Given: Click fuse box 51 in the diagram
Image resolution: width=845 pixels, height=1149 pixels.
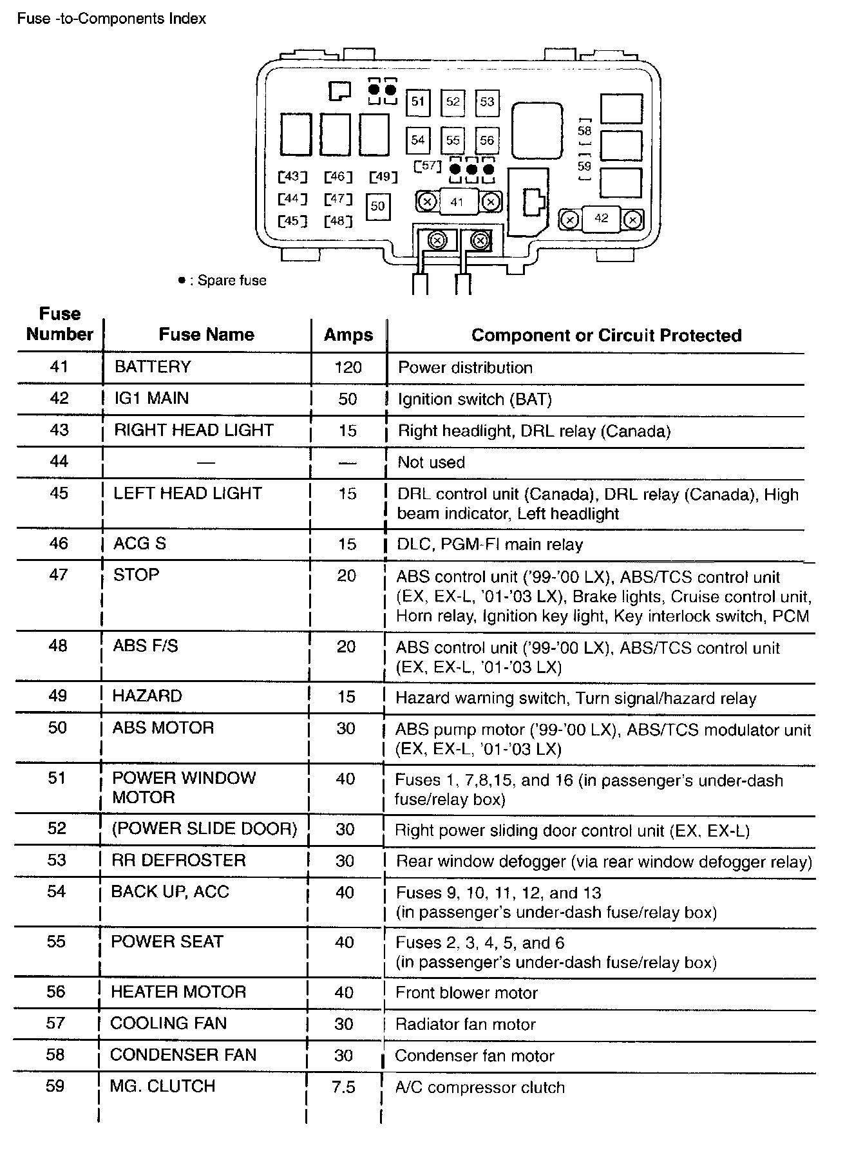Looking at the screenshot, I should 419,102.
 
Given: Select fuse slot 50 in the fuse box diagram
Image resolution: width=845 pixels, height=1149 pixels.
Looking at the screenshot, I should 377,206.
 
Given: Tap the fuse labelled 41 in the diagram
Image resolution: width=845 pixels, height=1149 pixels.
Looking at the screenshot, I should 457,202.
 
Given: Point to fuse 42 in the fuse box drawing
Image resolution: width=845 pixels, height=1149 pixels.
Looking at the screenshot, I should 601,218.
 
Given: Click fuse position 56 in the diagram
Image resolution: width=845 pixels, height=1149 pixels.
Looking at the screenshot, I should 487,140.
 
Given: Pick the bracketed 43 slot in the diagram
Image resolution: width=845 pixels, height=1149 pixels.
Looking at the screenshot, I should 292,176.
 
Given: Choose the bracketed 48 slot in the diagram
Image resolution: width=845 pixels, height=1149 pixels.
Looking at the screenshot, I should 338,222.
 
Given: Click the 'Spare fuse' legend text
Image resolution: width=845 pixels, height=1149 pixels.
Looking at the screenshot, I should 231,281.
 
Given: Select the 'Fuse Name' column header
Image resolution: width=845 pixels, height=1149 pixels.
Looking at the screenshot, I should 206,334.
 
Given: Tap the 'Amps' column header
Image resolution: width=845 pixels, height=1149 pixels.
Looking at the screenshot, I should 348,335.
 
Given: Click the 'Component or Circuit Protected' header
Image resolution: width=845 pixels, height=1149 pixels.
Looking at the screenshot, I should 606,336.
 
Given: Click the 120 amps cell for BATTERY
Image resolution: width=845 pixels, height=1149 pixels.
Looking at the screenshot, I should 348,368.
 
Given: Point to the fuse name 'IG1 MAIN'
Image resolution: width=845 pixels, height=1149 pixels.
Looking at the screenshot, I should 151,398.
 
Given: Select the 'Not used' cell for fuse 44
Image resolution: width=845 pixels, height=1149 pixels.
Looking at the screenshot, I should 431,462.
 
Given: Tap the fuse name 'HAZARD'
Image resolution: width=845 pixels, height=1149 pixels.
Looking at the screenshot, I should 147,696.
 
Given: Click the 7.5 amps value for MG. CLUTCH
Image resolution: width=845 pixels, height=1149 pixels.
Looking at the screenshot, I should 343,1088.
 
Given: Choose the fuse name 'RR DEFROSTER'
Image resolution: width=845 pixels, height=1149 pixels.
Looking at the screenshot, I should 178,860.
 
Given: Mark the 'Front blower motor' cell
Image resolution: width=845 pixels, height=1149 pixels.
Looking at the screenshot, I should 466,993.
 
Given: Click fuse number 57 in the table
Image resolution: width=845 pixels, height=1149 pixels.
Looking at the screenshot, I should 56,1023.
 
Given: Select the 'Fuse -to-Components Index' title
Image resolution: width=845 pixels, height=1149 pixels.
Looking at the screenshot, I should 111,19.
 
